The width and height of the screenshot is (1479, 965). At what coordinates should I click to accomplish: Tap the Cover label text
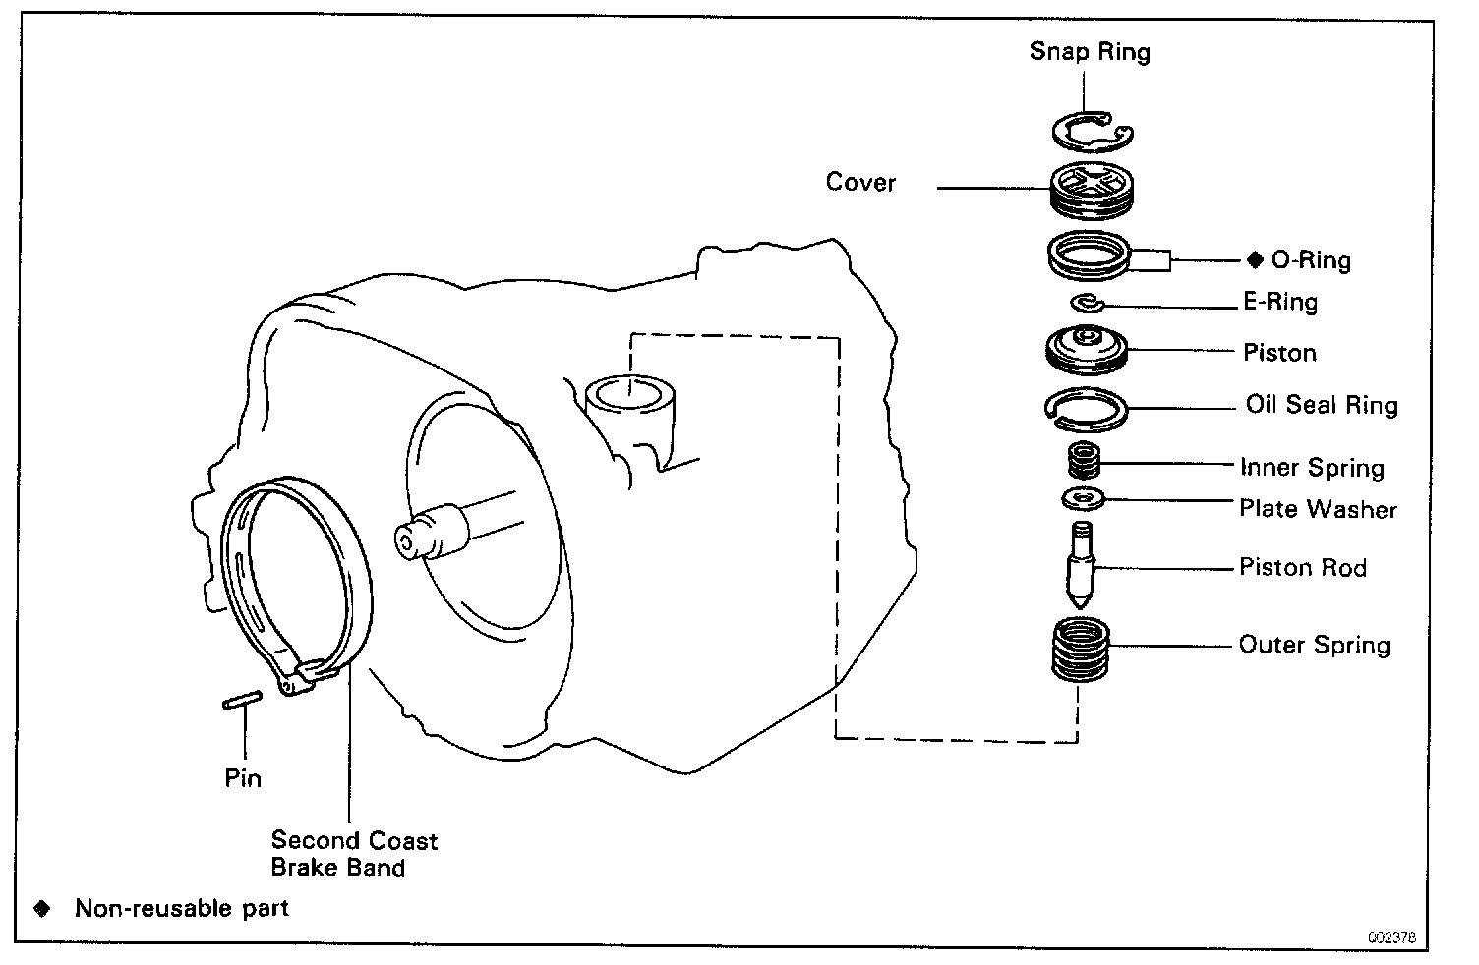click(860, 183)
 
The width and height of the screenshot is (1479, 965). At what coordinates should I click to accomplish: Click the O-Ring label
click(1311, 260)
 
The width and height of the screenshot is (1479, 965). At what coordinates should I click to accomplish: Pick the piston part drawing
click(1087, 350)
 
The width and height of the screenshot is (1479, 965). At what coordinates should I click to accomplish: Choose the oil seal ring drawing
click(1086, 408)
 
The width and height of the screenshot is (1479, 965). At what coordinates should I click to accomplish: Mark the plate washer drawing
click(1085, 500)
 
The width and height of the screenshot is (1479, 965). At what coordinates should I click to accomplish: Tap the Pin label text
click(243, 778)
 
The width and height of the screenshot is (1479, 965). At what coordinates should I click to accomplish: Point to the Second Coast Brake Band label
click(353, 854)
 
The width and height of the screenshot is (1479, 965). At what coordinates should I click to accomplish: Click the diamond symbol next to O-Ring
click(1254, 259)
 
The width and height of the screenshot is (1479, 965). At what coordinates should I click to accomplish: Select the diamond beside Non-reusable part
click(42, 908)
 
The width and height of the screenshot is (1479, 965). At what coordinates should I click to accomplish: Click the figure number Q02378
click(1390, 937)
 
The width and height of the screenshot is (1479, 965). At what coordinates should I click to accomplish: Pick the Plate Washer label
click(1318, 509)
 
